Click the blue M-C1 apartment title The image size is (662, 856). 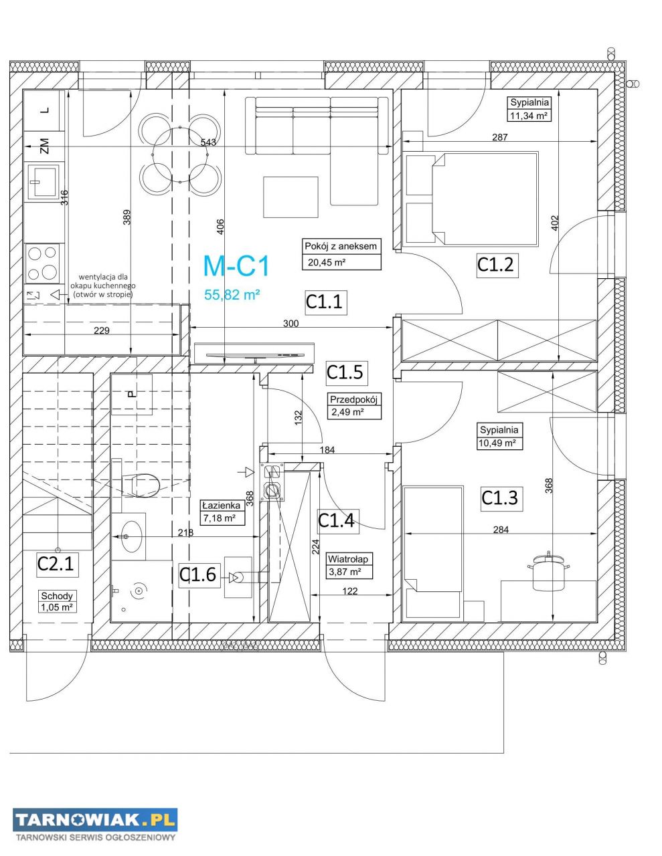[236, 266]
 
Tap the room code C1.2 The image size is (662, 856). [495, 264]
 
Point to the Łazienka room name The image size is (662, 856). [221, 506]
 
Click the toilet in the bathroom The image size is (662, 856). [140, 485]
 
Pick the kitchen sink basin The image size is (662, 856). [44, 181]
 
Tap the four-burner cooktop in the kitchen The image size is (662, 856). [42, 262]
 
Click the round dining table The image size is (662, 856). [180, 155]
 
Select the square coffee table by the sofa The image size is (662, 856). [291, 197]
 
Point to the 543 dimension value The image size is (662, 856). [208, 142]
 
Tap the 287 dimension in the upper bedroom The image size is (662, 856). [500, 137]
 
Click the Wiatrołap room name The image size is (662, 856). [348, 559]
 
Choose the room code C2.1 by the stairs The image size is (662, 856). [56, 564]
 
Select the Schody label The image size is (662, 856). [57, 596]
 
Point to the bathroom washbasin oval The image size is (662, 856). [131, 536]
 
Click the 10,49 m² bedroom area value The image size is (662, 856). [497, 443]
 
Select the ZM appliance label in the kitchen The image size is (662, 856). [45, 146]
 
